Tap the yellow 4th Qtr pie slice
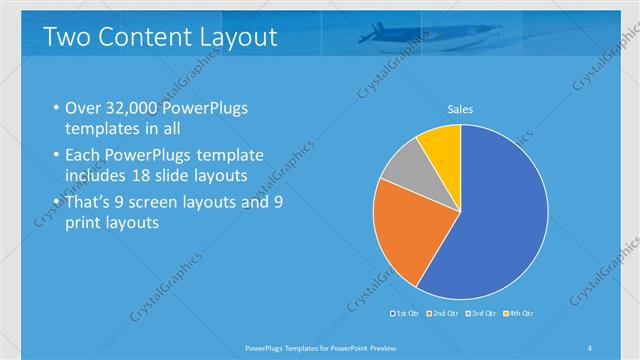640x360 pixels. click(441, 144)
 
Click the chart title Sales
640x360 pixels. click(460, 109)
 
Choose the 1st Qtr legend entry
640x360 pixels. click(405, 314)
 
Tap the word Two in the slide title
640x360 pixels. click(64, 38)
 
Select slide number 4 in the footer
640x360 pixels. click(590, 346)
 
